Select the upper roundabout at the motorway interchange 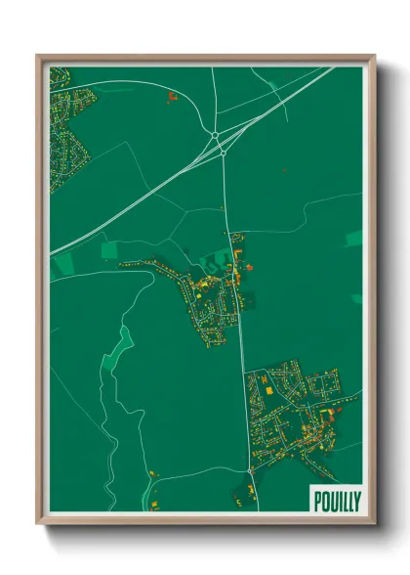coord(214,136)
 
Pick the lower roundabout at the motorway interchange coord(223,153)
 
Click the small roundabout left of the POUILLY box coord(251,470)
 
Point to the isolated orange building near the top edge coord(171,96)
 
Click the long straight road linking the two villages coord(237,323)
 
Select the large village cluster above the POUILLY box coord(298,411)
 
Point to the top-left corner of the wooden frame coord(38,56)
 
